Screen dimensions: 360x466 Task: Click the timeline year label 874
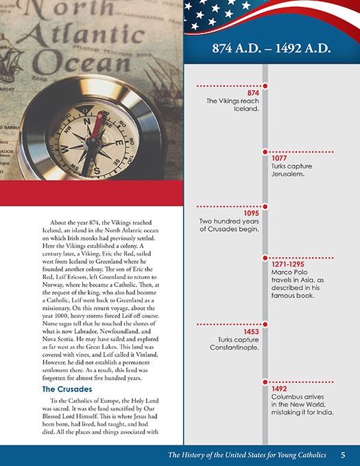point(252,93)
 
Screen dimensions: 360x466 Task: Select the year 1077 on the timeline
point(278,158)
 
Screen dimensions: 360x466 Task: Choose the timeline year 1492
point(278,389)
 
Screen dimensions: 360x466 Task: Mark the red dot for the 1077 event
point(265,151)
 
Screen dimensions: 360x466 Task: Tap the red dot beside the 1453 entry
point(265,324)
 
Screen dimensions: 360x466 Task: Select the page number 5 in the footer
point(343,454)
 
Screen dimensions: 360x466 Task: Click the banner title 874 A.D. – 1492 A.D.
point(272,49)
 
